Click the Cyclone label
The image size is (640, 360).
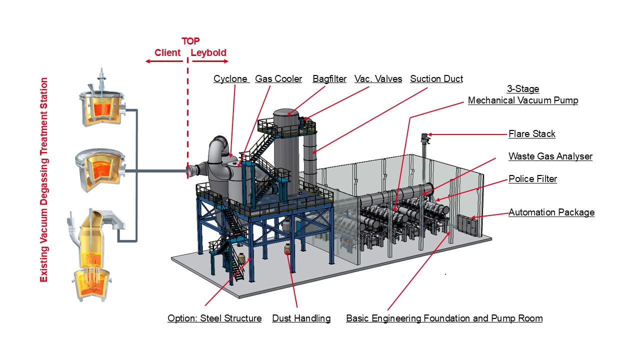point(230,79)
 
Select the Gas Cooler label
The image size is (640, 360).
point(278,79)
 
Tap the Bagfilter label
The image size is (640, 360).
point(329,79)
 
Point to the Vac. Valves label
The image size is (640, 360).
point(378,79)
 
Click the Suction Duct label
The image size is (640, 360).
point(436,79)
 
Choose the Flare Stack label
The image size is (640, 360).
point(532,134)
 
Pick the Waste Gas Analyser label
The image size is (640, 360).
point(550,156)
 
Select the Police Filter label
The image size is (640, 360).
point(532,179)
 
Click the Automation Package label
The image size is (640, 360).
point(551,212)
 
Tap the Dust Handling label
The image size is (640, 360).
point(301,318)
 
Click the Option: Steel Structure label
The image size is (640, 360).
point(214,318)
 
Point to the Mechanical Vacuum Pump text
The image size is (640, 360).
point(523,100)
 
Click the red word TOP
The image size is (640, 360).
point(190,41)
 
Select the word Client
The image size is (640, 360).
point(167,53)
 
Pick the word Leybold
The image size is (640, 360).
point(208,53)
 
